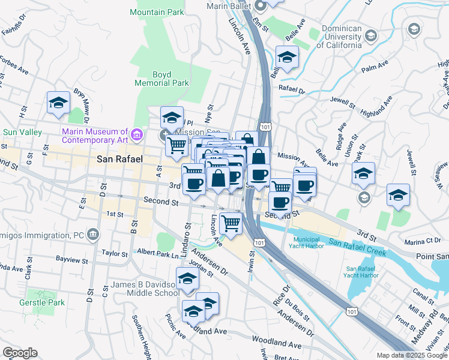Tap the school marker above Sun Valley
click(x=58, y=103)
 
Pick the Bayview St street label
click(x=71, y=261)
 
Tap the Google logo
click(x=20, y=352)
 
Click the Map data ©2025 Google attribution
click(x=412, y=355)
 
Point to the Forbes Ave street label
click(x=14, y=68)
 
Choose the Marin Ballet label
click(x=228, y=6)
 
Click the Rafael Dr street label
click(x=292, y=91)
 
